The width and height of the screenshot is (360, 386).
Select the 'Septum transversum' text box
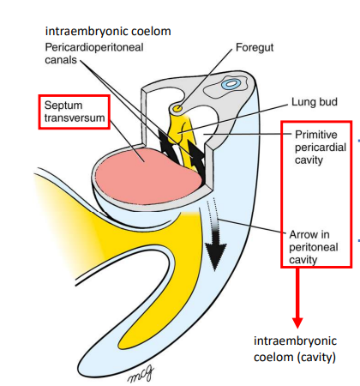pos(73,111)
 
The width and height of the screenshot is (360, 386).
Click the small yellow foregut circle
pos(177,109)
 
